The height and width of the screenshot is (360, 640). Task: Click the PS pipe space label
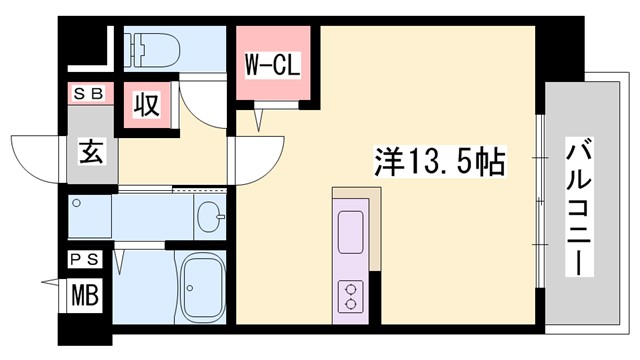pyautogui.click(x=85, y=259)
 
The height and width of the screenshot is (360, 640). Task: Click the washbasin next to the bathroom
pyautogui.click(x=210, y=216)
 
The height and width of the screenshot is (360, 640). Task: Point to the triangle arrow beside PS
pyautogui.click(x=52, y=281)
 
